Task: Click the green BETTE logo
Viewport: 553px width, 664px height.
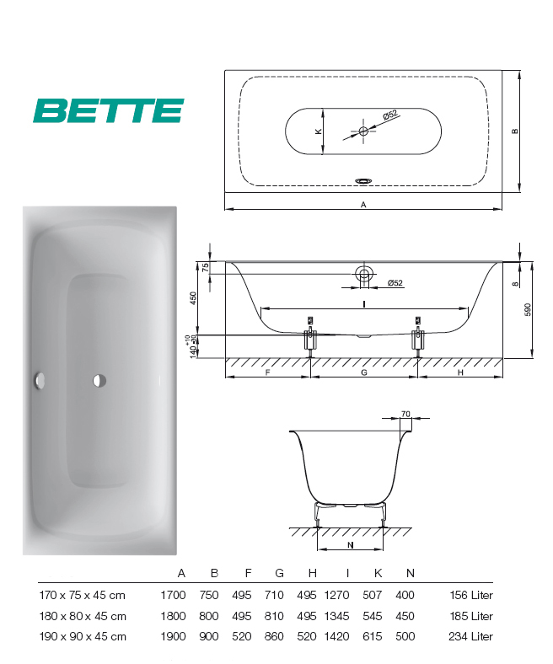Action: click(x=109, y=110)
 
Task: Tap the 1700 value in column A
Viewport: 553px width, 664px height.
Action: click(x=173, y=595)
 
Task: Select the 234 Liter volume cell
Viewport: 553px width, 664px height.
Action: click(x=470, y=636)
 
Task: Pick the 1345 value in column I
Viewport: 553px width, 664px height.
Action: click(x=336, y=616)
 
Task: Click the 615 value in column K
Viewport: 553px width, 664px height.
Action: click(x=372, y=636)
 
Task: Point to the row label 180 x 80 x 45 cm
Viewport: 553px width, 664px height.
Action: click(x=83, y=616)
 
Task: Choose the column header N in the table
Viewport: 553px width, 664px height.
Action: click(x=411, y=573)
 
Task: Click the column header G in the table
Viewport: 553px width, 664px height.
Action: click(x=279, y=573)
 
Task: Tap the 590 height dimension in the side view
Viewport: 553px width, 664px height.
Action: click(x=528, y=309)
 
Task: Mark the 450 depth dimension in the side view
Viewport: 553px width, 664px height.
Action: click(x=193, y=298)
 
